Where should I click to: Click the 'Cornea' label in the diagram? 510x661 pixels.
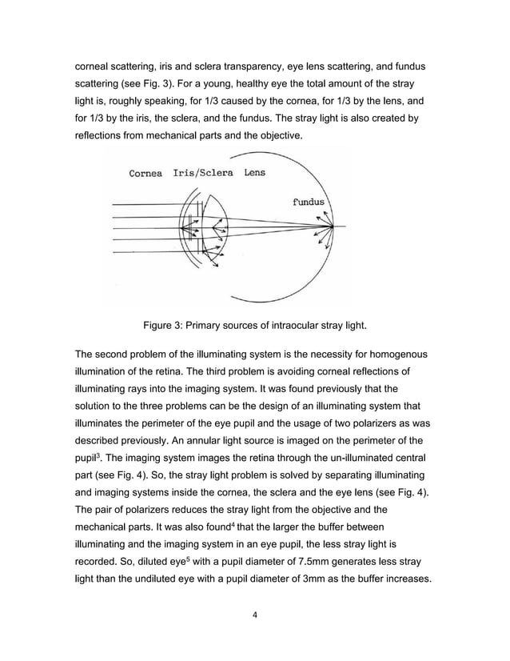click(x=145, y=173)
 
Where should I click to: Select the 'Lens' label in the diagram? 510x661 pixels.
click(x=255, y=172)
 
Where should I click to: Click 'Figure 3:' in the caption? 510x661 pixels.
click(x=165, y=325)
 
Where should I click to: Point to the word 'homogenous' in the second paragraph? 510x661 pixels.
click(x=394, y=354)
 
